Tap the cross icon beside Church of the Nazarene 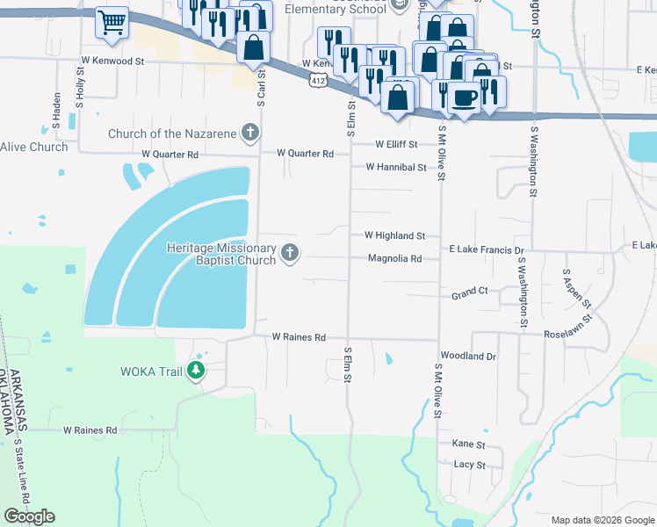pyautogui.click(x=250, y=134)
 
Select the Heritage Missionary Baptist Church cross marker pyautogui.click(x=289, y=255)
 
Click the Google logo pyautogui.click(x=30, y=516)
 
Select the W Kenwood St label pyautogui.click(x=112, y=62)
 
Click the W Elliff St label pyautogui.click(x=395, y=144)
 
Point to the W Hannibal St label pyautogui.click(x=395, y=167)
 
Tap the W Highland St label pyautogui.click(x=394, y=236)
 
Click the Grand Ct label pyautogui.click(x=470, y=291)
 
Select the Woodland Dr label pyautogui.click(x=468, y=357)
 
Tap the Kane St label pyautogui.click(x=468, y=445)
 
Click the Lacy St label pyautogui.click(x=468, y=465)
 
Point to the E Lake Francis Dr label pyautogui.click(x=486, y=250)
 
